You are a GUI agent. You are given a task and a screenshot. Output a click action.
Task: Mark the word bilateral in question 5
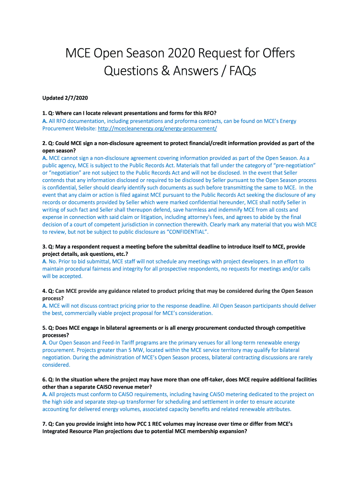coord(112,328)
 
